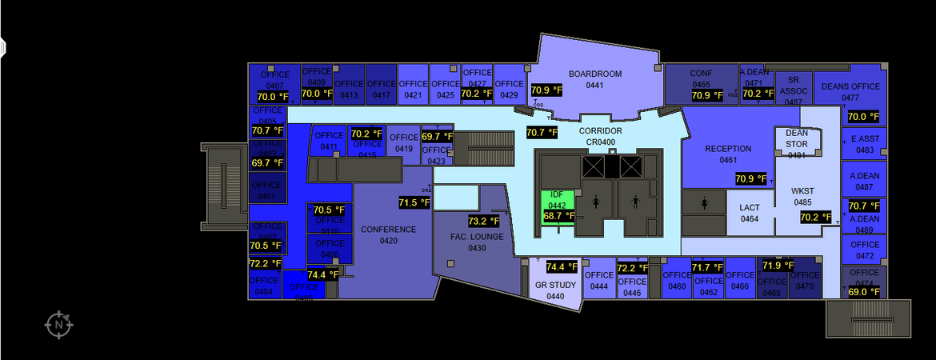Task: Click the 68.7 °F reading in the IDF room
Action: (558, 216)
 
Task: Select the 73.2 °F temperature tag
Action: (483, 221)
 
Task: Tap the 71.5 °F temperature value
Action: (414, 202)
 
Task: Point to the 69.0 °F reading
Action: (863, 292)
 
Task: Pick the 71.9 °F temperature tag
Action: (778, 266)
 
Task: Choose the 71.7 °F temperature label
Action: (707, 267)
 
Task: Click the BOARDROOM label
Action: (594, 74)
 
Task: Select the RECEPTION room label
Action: (728, 149)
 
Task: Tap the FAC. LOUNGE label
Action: (477, 237)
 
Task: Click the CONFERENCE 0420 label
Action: (388, 235)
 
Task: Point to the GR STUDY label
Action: (555, 285)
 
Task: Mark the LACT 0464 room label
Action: (750, 213)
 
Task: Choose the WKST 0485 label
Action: (802, 197)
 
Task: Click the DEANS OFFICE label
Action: (850, 86)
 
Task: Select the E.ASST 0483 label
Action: (865, 144)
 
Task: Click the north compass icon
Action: (59, 324)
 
